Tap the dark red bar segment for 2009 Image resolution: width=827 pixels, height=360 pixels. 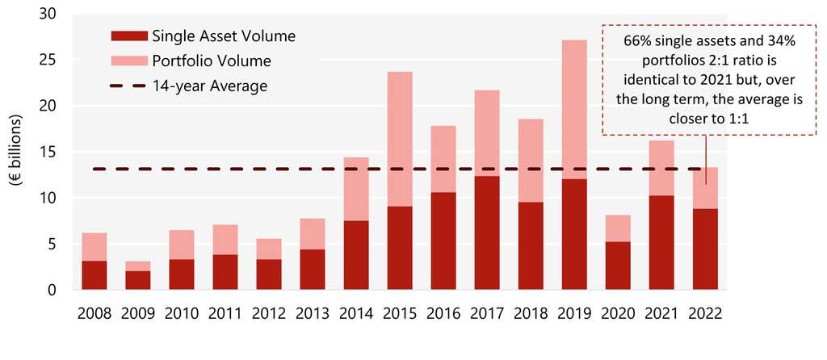pyautogui.click(x=138, y=280)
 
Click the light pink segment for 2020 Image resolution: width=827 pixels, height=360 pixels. pyautogui.click(x=618, y=228)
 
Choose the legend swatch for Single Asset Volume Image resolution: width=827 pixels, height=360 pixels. pyautogui.click(x=128, y=36)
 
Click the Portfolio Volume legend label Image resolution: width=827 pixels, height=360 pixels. pyautogui.click(x=211, y=61)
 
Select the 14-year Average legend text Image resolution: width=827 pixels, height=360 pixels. pyautogui.click(x=209, y=85)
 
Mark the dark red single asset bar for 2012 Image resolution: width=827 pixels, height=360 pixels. pyautogui.click(x=269, y=274)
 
